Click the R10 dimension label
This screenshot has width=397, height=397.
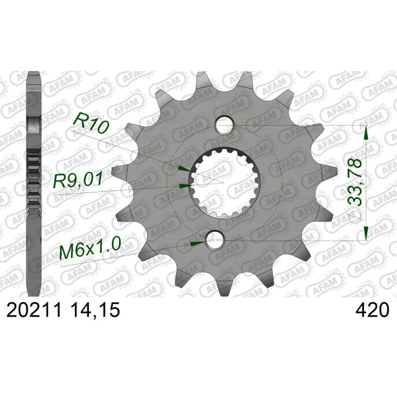coord(91,124)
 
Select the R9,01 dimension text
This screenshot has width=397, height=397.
coord(78,180)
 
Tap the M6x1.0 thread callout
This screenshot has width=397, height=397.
coord(89,250)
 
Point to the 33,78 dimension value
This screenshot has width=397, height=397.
coord(354,182)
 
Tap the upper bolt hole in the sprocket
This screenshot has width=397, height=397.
coord(225,125)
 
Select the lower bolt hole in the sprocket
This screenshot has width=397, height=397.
coord(215,240)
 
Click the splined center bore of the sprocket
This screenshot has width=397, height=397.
coord(220,182)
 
